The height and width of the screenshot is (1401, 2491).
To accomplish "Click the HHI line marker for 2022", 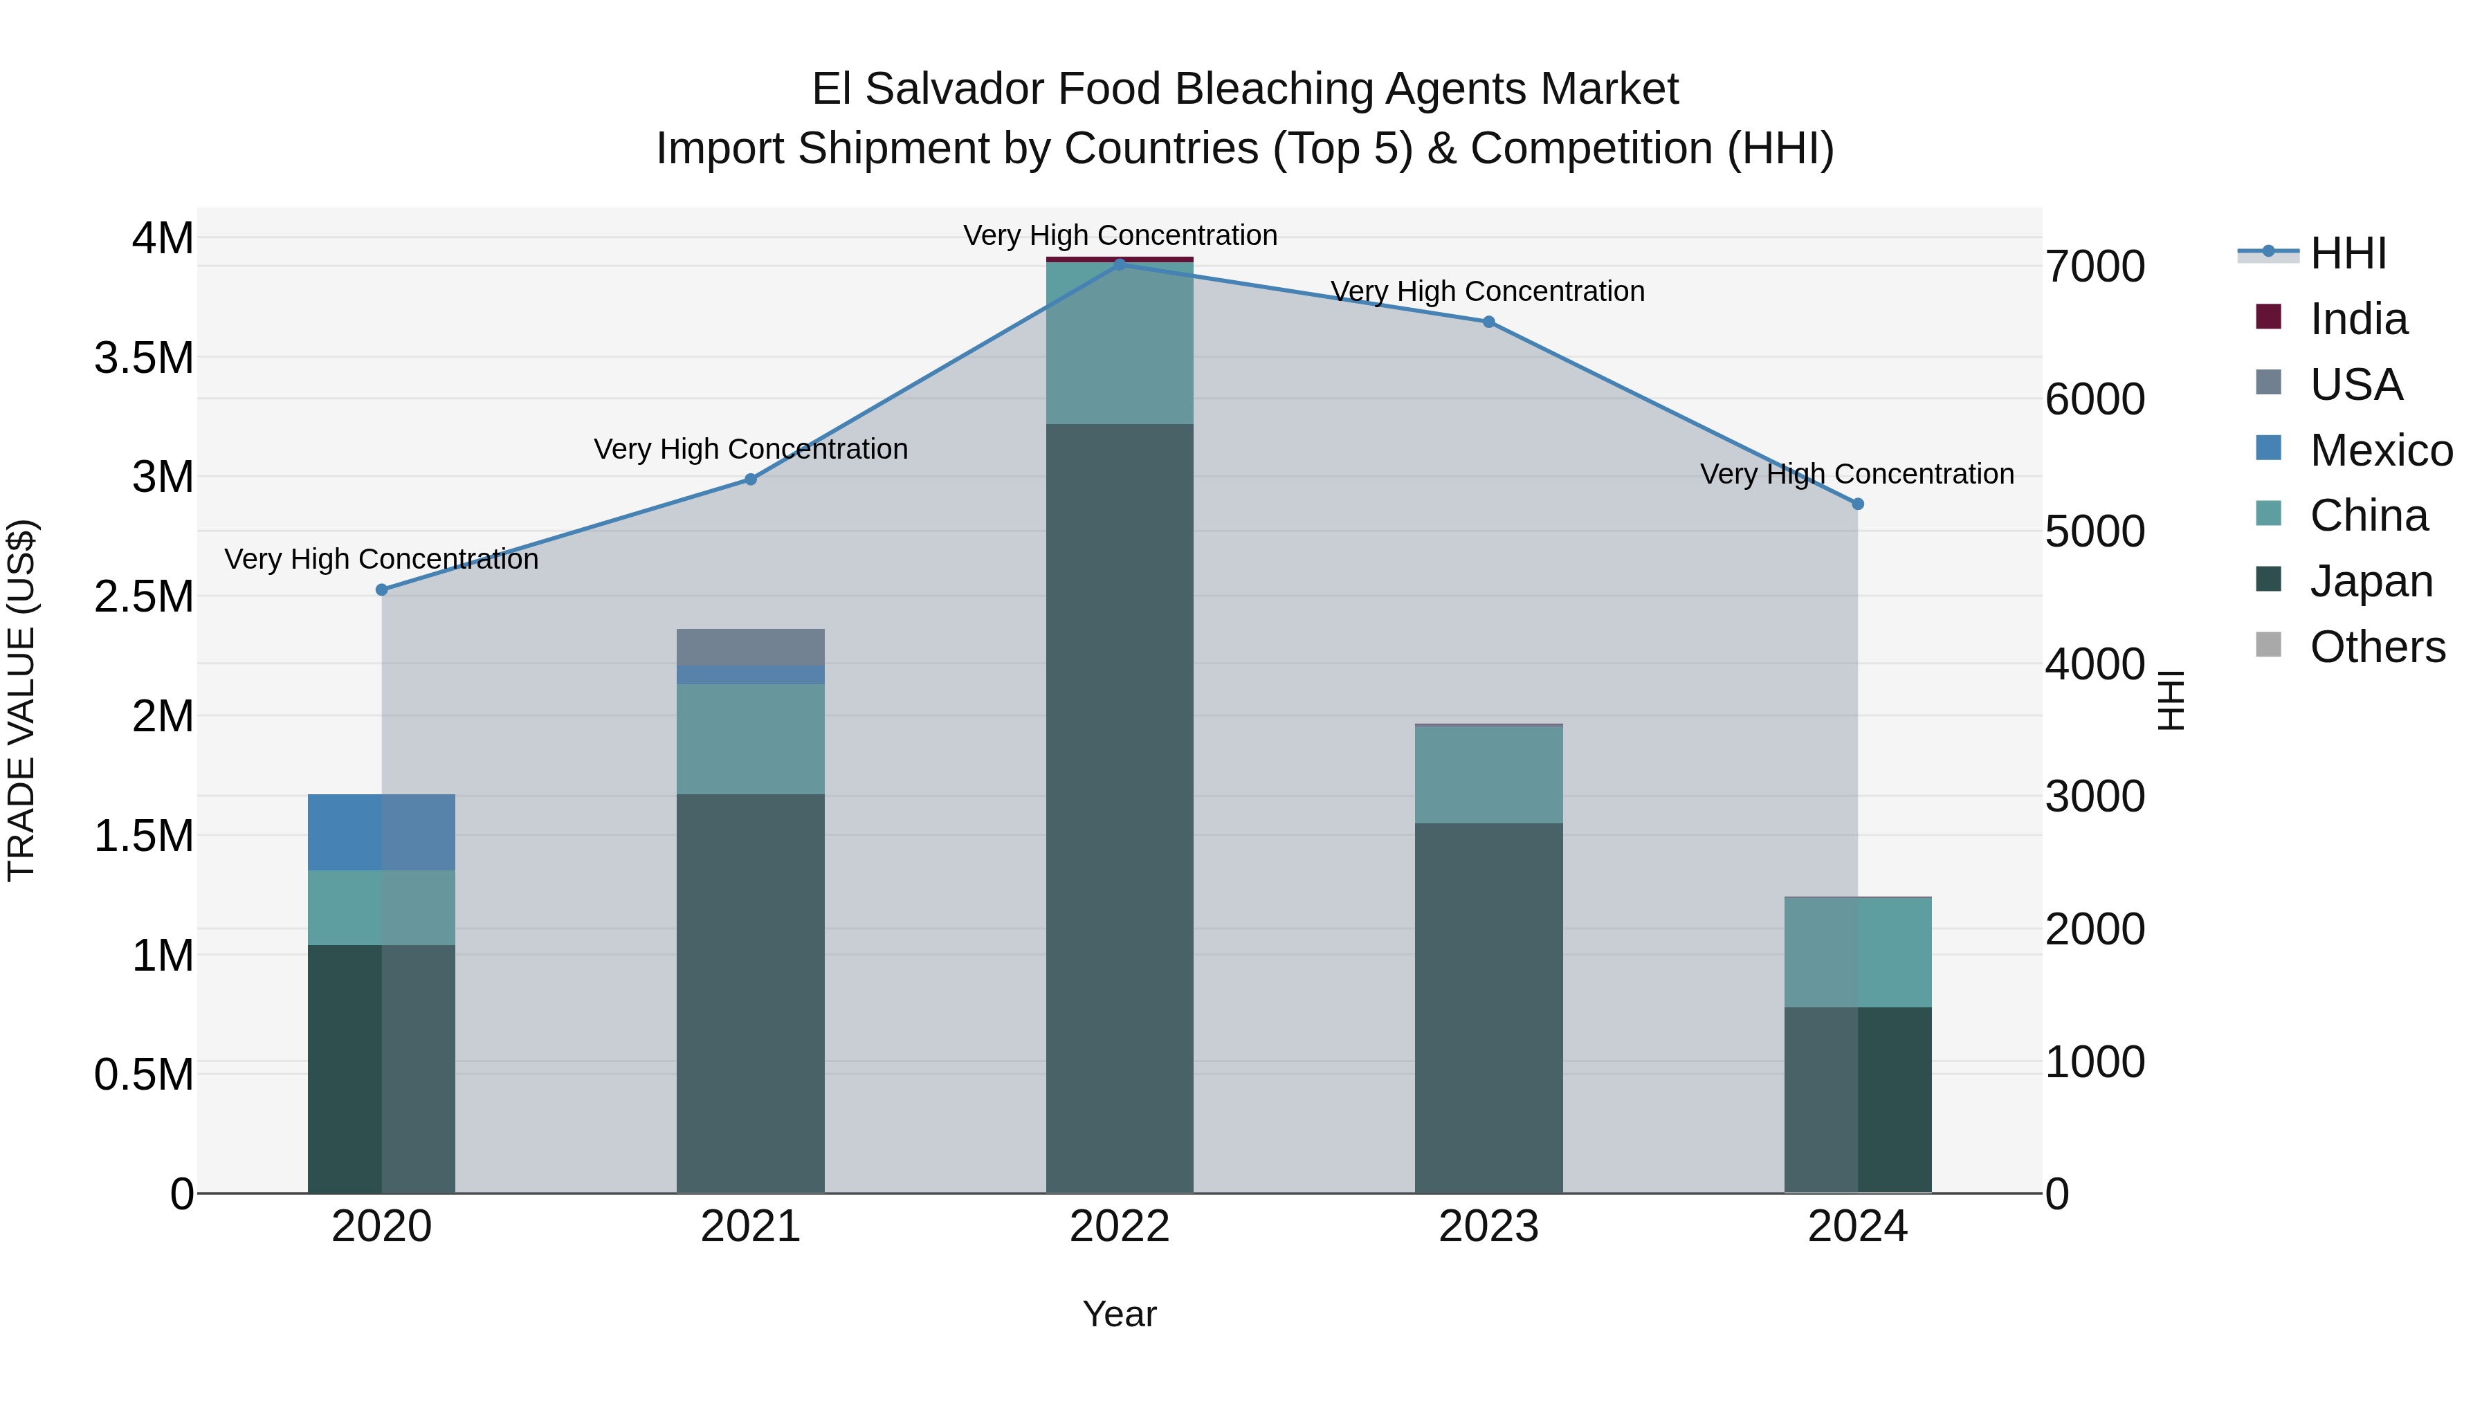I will coord(1120,264).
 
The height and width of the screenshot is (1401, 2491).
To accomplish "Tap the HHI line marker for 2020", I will coord(381,589).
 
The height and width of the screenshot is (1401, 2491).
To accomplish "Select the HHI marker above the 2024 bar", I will coord(1858,504).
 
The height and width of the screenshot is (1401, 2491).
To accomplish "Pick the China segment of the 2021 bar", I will coord(750,740).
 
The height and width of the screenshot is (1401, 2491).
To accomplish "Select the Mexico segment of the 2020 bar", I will coord(381,832).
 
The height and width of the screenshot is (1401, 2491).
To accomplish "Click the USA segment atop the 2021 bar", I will coord(750,647).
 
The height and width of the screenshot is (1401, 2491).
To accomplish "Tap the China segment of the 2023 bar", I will coord(1488,774).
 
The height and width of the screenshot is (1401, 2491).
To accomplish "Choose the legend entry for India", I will coord(2357,319).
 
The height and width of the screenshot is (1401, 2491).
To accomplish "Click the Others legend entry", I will coord(2376,647).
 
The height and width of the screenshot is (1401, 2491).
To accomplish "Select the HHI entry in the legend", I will coord(2347,253).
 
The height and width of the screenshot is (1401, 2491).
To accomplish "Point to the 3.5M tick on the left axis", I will coord(143,358).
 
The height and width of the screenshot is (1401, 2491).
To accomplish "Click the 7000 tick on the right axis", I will coord(2095,267).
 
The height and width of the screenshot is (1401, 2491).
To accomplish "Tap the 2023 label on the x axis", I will coord(1488,1227).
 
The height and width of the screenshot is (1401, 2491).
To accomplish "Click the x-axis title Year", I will coord(1120,1314).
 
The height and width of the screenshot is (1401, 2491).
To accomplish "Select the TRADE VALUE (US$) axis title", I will coord(21,701).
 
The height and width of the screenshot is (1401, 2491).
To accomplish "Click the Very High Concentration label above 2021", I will coord(750,450).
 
